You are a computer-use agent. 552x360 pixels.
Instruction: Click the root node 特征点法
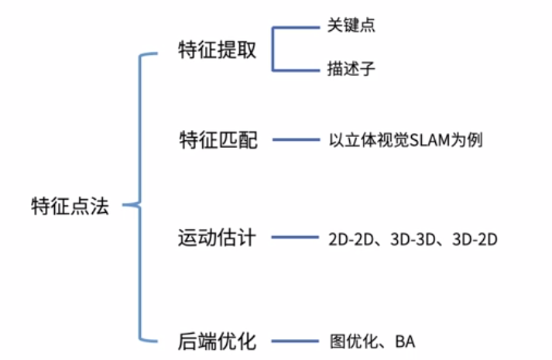pyautogui.click(x=70, y=207)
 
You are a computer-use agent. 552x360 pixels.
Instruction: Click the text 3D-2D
pyautogui.click(x=473, y=238)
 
